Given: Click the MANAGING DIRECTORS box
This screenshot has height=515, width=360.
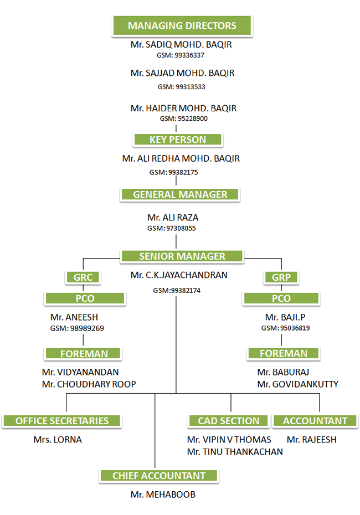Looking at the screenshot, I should pos(182,25).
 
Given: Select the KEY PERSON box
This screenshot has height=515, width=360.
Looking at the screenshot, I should pos(177,140).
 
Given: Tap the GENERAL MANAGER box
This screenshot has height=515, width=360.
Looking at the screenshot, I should pos(180,194).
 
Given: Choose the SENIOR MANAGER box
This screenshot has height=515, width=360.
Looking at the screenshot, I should pos(182,256).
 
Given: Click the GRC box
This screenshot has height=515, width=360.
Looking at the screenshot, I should pos(83,277).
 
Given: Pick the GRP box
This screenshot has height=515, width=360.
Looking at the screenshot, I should pos(281,277).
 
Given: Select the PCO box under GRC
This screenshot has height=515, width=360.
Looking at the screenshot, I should pos(85,298).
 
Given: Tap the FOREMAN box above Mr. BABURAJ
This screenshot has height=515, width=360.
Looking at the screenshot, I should pos(284,353).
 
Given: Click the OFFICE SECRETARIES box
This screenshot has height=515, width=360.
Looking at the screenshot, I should pos(61,421).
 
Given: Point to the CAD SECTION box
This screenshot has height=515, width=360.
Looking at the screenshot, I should pos(228,421).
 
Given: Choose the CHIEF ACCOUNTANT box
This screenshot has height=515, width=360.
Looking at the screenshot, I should pos(158,476).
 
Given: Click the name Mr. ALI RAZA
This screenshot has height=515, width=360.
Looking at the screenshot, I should pos(173,218).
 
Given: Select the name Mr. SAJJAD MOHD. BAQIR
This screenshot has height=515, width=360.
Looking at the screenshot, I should pos(182,73).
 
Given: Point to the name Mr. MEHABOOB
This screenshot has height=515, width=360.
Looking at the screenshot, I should pos(163,495).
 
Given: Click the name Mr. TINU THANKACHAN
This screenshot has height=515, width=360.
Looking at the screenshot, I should pos(235,452).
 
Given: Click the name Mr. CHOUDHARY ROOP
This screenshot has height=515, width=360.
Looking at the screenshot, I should pos(89,384).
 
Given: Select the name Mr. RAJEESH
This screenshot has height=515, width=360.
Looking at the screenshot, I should pos(311,440).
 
